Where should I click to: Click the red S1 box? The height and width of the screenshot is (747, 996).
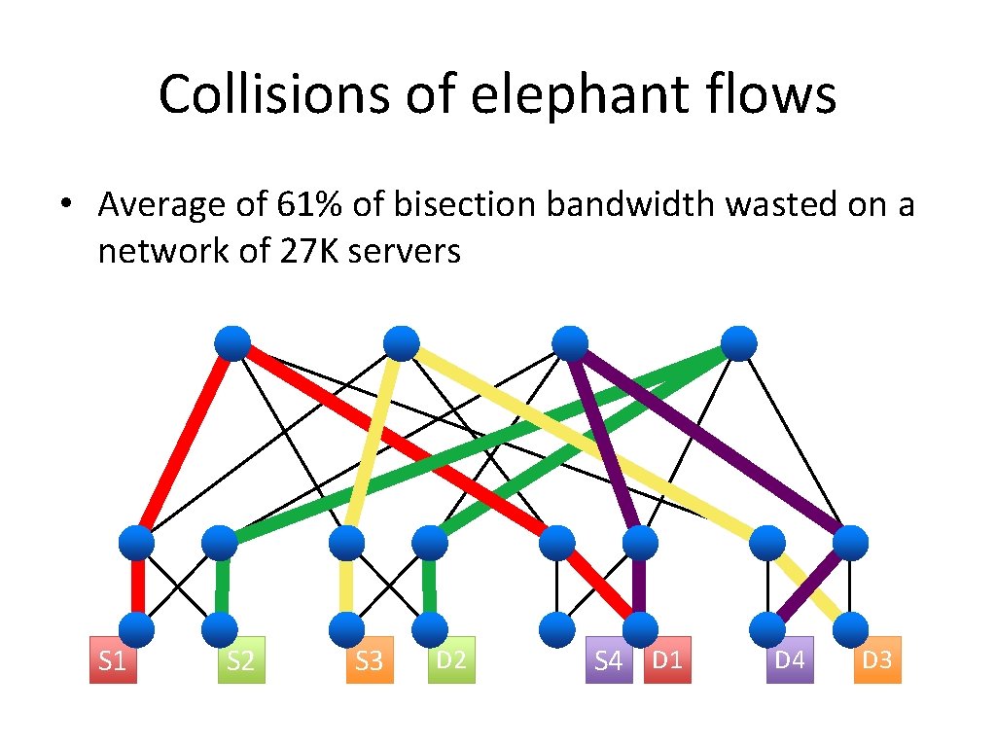(113, 660)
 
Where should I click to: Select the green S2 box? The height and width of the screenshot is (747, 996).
(241, 660)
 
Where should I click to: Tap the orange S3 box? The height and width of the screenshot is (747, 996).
(370, 660)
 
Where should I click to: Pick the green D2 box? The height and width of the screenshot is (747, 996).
(450, 659)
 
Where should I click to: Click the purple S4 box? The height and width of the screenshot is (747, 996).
(608, 660)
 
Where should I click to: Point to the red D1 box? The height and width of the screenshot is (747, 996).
(667, 659)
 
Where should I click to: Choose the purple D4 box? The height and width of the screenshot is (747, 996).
(789, 659)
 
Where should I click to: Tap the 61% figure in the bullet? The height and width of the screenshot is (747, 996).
(308, 204)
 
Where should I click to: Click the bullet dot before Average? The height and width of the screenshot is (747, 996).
(65, 205)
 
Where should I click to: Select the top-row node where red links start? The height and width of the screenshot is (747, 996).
(232, 343)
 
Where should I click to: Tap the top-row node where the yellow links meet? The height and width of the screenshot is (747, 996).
(402, 343)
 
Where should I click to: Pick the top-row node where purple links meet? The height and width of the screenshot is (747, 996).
(570, 343)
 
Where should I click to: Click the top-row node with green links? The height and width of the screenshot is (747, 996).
(739, 343)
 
